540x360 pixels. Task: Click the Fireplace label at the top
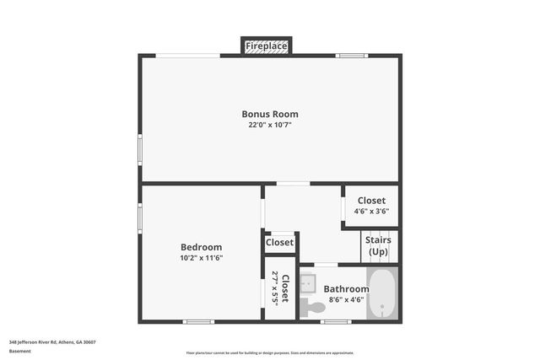coord(267,46)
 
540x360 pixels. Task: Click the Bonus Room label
coord(270,114)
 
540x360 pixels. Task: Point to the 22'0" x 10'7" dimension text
coord(270,125)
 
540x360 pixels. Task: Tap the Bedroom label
coord(201,247)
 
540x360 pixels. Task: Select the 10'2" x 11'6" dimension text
coord(201,258)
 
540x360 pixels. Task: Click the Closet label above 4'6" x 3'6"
coord(371,201)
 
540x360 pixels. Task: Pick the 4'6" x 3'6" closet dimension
coord(371,212)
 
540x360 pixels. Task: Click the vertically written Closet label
coord(286,289)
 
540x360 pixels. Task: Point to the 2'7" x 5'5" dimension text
coord(275,289)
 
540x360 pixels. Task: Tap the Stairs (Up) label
coord(378,245)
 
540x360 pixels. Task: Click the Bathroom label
coord(346,289)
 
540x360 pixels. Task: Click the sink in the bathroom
coord(309,282)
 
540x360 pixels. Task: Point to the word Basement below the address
coord(19,351)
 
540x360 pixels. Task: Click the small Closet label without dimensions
coord(279,243)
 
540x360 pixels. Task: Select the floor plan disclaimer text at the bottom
coord(270,352)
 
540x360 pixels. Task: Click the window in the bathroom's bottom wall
coord(336,321)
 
